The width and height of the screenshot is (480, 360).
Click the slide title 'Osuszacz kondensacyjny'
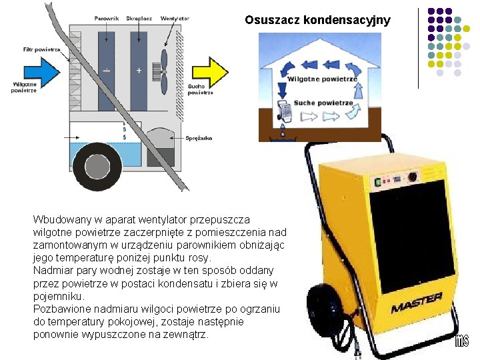317,20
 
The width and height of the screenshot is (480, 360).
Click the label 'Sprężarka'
201,137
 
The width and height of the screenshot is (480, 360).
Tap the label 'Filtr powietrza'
41,49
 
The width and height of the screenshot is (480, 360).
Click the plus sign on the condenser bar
139,71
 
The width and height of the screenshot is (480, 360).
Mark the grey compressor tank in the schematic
160,147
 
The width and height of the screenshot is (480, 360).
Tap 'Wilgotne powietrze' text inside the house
322,79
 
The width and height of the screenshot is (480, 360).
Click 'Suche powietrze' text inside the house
323,103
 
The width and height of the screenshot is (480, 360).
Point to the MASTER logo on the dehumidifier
417,303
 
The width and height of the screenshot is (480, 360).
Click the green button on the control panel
377,181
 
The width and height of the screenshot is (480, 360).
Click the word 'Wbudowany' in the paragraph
59,219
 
